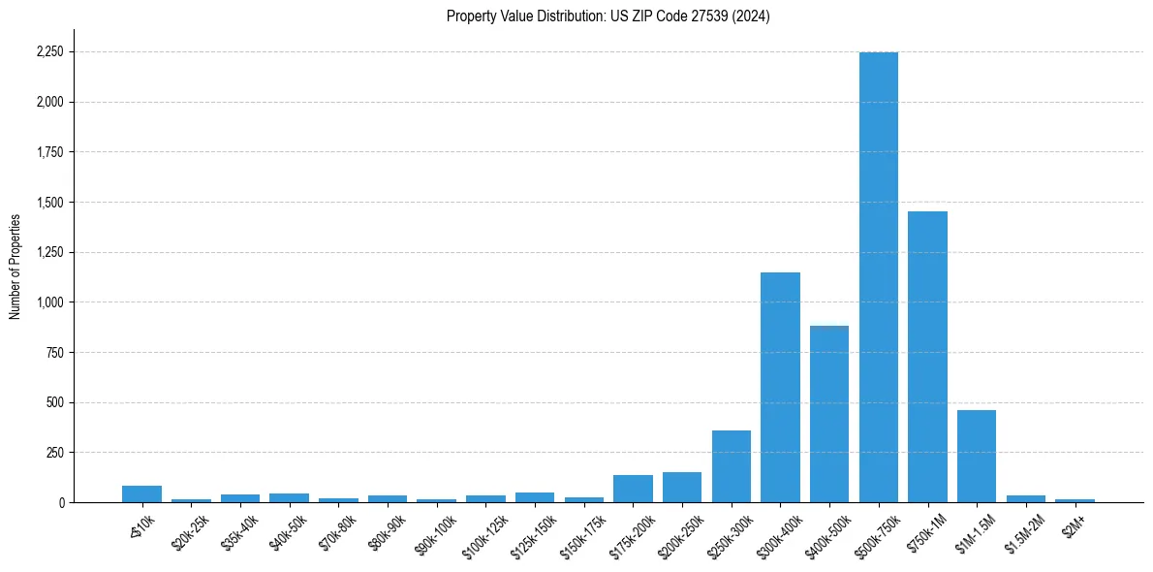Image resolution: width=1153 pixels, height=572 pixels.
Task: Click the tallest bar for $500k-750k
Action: [879, 277]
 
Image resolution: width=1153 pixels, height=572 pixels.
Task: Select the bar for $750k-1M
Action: [927, 357]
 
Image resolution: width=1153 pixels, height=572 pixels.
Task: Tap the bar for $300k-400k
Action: [780, 388]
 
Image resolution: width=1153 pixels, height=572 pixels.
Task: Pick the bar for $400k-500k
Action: [829, 414]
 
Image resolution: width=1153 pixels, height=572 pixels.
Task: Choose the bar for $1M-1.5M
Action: [977, 457]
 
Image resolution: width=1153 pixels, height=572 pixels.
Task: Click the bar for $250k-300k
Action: [732, 466]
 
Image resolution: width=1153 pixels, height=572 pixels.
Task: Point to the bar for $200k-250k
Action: [682, 487]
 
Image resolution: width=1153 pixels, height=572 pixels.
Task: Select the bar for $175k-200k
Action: [633, 489]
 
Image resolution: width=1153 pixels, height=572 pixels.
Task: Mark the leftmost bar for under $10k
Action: [141, 494]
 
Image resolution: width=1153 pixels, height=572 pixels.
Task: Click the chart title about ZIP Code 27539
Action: [608, 16]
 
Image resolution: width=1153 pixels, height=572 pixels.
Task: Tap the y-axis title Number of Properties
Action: [16, 267]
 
